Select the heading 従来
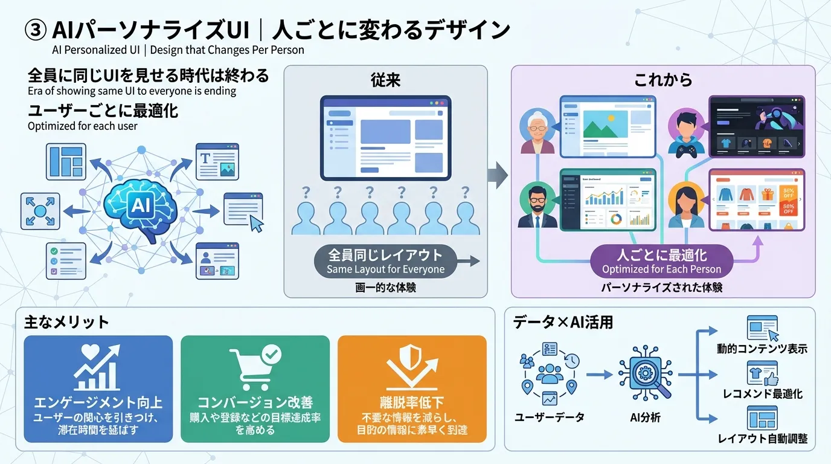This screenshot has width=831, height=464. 385,80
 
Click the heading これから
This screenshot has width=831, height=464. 663,80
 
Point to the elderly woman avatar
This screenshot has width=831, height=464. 537,131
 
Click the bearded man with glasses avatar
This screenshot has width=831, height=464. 537,204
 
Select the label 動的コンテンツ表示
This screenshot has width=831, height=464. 762,349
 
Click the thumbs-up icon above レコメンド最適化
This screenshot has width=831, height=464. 771,379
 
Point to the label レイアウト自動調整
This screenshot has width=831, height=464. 762,438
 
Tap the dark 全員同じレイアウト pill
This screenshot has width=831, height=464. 385,261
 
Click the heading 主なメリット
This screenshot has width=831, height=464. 66,322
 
